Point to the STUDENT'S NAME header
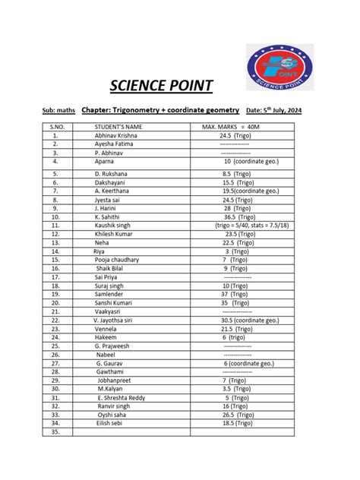tap(118, 126)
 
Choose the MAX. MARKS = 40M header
tap(235, 126)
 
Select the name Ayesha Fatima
tap(117, 144)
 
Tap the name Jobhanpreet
tap(115, 380)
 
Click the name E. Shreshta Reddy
tap(125, 397)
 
